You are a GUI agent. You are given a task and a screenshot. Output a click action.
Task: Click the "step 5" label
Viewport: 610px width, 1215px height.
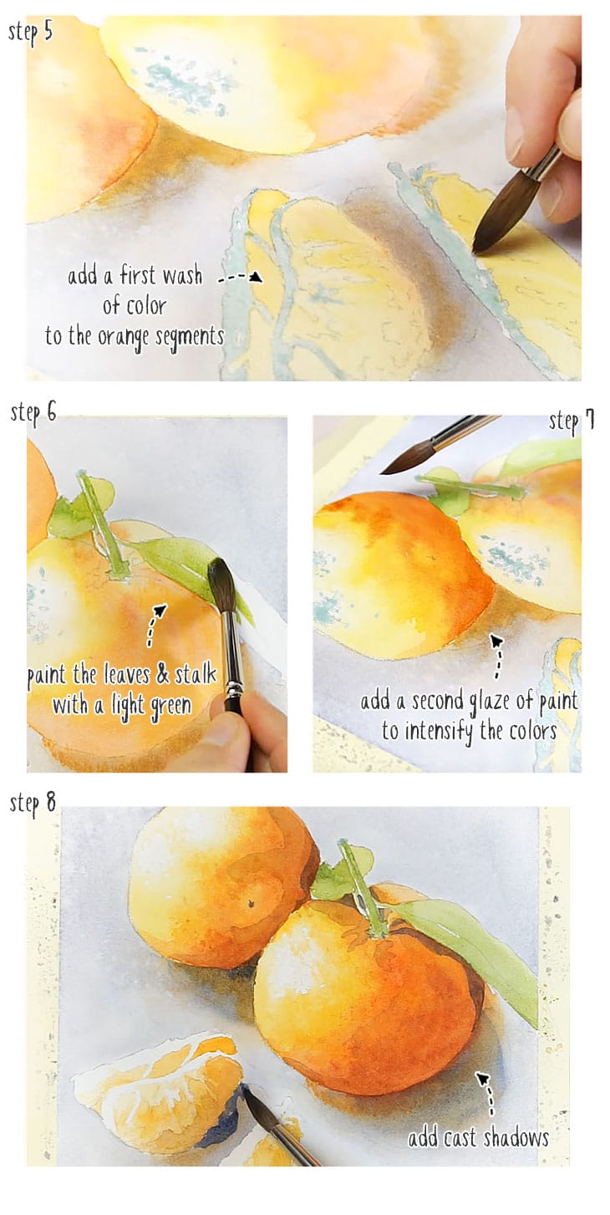[31, 33]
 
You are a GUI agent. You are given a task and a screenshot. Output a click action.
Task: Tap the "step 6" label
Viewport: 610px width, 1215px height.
[33, 412]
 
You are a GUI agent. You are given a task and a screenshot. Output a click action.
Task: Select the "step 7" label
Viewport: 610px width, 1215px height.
[572, 421]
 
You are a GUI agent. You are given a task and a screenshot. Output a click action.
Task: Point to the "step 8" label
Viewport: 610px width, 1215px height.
[33, 804]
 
